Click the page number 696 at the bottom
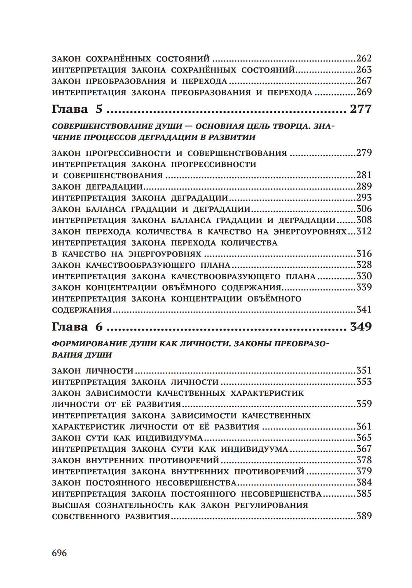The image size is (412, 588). (x=59, y=553)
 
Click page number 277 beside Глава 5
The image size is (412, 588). (x=360, y=109)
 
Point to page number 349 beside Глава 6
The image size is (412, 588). (x=360, y=327)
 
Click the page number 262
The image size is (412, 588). (x=364, y=58)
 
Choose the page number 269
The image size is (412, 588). (x=364, y=92)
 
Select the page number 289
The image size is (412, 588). (x=364, y=187)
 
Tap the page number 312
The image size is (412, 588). (x=364, y=231)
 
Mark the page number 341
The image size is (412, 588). (x=364, y=310)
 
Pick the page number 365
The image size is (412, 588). (x=364, y=438)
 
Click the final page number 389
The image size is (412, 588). (x=364, y=516)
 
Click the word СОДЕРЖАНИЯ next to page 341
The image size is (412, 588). (x=82, y=310)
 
